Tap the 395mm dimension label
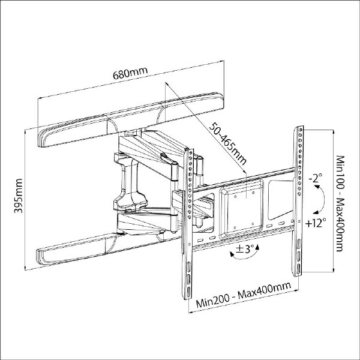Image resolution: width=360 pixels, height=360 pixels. [19, 196]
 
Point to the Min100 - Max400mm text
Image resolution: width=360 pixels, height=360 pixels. [340, 203]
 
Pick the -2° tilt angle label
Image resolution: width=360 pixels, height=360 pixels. [316, 178]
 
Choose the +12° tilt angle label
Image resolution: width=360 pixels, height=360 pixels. [316, 223]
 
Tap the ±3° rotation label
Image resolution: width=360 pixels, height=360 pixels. [245, 249]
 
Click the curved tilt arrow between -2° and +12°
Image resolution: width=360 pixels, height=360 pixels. [324, 199]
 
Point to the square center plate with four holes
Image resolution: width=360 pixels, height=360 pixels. [241, 209]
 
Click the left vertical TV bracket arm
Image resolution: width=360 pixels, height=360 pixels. [188, 224]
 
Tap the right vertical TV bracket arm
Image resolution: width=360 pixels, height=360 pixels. [298, 201]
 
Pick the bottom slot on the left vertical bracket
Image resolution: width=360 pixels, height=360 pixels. [188, 292]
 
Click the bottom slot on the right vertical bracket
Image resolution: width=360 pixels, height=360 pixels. [298, 269]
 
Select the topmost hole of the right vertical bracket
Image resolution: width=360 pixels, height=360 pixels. [300, 130]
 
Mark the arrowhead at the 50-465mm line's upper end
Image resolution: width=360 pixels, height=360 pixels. [166, 84]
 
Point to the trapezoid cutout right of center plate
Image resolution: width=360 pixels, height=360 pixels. [281, 199]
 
